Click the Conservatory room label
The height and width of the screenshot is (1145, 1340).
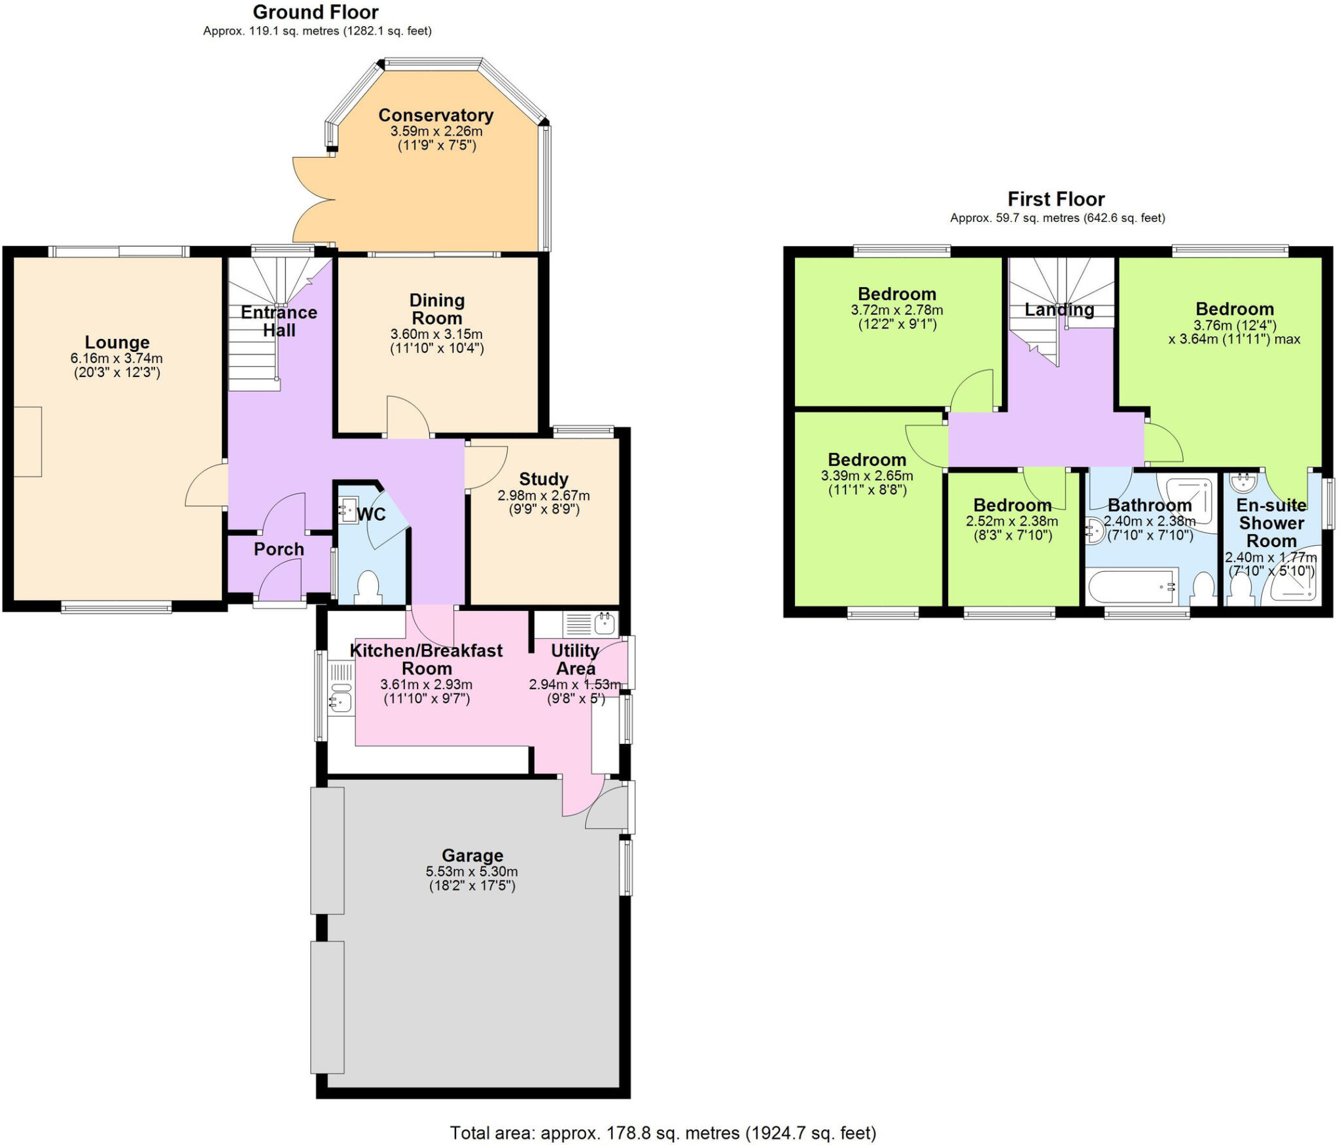point(436,115)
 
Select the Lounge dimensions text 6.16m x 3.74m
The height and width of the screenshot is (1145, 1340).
point(116,359)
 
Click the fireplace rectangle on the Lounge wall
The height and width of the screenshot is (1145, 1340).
point(27,442)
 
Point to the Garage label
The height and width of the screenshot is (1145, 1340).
point(472,855)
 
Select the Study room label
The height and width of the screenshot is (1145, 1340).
point(543,479)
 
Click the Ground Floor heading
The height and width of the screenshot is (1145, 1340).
point(315,12)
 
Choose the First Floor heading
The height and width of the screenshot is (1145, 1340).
point(1055,199)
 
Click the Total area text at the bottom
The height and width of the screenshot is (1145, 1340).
point(662,1133)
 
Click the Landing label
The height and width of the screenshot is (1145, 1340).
point(1059,309)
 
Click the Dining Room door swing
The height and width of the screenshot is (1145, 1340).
point(407,417)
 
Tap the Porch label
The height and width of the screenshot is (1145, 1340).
point(279,549)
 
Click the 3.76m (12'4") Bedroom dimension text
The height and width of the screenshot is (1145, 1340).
point(1234,325)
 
